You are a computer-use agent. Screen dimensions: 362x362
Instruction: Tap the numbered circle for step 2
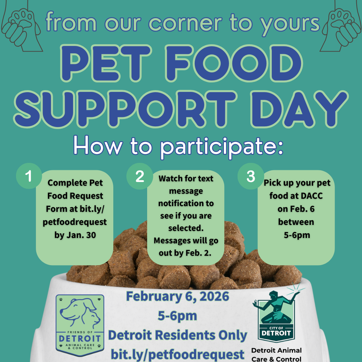pyautogui.click(x=139, y=177)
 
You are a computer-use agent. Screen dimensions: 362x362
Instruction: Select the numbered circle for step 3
pyautogui.click(x=250, y=177)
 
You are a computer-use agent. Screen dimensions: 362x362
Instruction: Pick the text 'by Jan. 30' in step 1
pyautogui.click(x=75, y=235)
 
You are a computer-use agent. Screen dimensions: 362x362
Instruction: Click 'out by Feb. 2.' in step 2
pyautogui.click(x=185, y=253)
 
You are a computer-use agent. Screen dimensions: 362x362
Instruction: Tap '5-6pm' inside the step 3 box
pyautogui.click(x=297, y=235)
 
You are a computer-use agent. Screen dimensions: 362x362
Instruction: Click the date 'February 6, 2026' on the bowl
pyautogui.click(x=178, y=296)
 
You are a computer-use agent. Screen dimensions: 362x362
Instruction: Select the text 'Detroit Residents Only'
pyautogui.click(x=178, y=335)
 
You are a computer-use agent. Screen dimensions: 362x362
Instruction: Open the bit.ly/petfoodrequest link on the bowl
pyautogui.click(x=178, y=354)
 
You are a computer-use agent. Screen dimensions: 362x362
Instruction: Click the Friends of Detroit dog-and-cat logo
pyautogui.click(x=80, y=325)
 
